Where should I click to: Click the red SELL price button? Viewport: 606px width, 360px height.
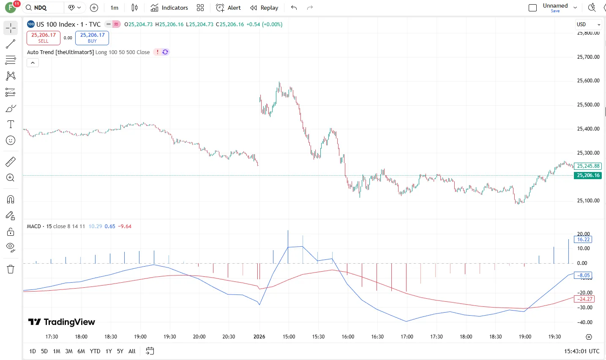click(x=44, y=38)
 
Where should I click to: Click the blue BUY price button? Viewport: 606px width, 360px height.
click(x=92, y=38)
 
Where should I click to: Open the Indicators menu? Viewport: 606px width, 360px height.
click(x=169, y=8)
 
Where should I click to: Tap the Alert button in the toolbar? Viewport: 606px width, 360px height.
click(x=228, y=8)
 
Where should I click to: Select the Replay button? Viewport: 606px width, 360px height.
click(x=264, y=8)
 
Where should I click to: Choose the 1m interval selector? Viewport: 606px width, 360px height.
click(x=115, y=8)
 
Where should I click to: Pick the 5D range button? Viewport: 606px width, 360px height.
click(x=44, y=351)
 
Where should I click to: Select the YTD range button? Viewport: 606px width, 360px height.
click(x=95, y=351)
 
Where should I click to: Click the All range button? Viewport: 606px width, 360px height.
click(x=132, y=351)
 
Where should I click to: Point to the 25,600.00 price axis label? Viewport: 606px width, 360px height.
click(x=588, y=81)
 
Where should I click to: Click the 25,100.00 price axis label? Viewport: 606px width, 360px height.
click(x=588, y=201)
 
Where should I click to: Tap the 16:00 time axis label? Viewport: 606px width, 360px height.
click(x=348, y=337)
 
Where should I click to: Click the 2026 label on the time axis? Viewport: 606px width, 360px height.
click(x=259, y=337)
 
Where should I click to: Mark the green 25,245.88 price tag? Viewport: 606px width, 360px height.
click(x=588, y=166)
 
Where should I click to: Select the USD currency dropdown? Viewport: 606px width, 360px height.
click(x=588, y=25)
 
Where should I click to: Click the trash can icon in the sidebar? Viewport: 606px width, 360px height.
click(x=11, y=269)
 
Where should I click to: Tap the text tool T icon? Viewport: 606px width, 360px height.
click(x=11, y=124)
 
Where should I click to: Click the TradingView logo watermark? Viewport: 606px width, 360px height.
click(x=62, y=322)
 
